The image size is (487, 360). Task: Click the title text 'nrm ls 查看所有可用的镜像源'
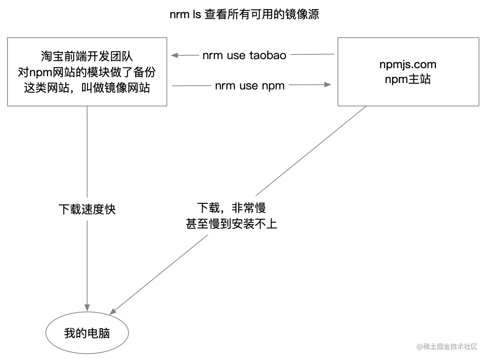coord(244,14)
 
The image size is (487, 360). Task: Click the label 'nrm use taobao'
coord(244,55)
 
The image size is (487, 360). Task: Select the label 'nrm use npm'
coord(250,86)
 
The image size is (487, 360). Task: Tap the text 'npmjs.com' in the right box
coord(408,64)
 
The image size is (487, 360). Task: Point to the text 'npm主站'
coord(408,80)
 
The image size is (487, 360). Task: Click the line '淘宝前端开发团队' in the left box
coord(87,56)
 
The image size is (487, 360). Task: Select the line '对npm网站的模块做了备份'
coord(87,72)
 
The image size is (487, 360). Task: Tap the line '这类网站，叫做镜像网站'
coord(87,88)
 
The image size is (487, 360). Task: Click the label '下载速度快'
coord(87,209)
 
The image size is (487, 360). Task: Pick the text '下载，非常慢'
coord(231,208)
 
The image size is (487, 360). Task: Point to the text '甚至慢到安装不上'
coord(231,224)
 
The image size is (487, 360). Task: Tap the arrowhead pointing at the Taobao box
coord(174,55)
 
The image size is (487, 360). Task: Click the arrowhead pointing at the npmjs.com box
coord(328,85)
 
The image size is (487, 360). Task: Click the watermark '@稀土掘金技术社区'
coord(447,346)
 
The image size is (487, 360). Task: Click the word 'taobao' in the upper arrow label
coord(268,55)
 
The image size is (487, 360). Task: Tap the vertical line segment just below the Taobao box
coord(87,152)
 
